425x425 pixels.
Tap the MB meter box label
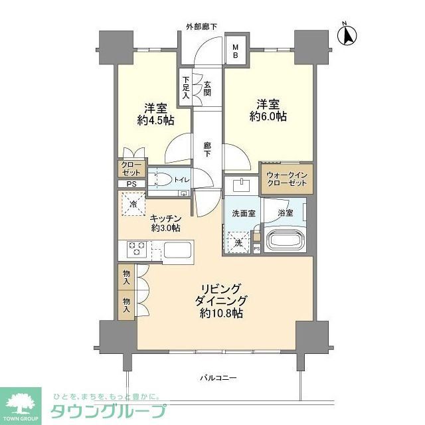point(234,52)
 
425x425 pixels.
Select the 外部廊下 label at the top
point(201,27)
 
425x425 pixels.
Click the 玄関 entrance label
point(207,88)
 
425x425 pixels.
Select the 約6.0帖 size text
point(268,116)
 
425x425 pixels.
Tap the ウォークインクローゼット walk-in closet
point(286,179)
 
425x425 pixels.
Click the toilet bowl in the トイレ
point(161,179)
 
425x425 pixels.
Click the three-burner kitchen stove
point(137,250)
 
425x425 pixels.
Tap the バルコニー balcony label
point(219,378)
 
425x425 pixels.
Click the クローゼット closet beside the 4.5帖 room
point(129,169)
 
